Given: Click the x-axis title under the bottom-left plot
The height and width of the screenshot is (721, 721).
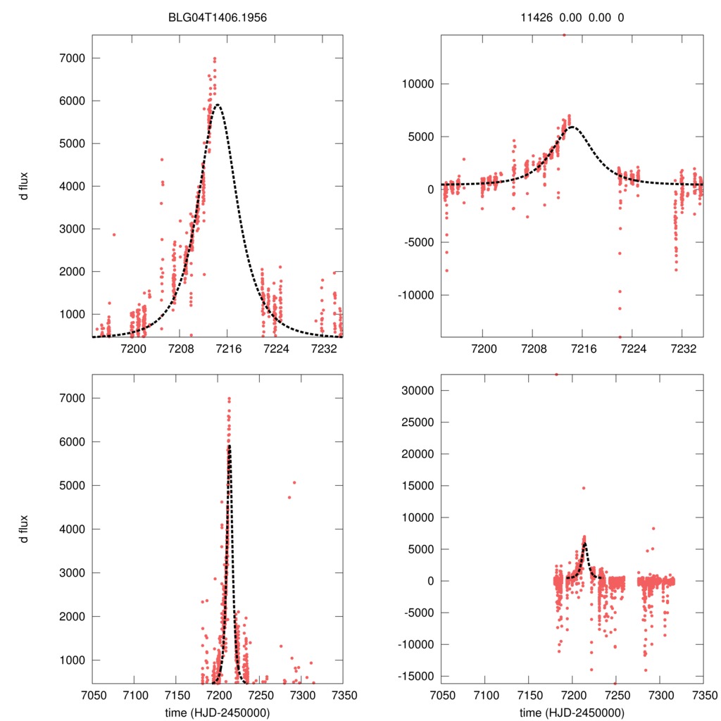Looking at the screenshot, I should coord(217,713).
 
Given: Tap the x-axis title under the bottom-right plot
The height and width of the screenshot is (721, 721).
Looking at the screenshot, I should coord(572,713).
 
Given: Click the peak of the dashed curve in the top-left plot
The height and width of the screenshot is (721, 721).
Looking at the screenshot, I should coord(218,105).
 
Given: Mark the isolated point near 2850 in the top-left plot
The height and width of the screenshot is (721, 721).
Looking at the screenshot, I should coord(114,234).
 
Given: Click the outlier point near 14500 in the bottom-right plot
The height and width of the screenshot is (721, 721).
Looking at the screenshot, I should coord(583,488).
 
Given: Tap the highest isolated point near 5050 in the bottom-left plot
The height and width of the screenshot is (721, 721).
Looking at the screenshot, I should coord(294,483).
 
